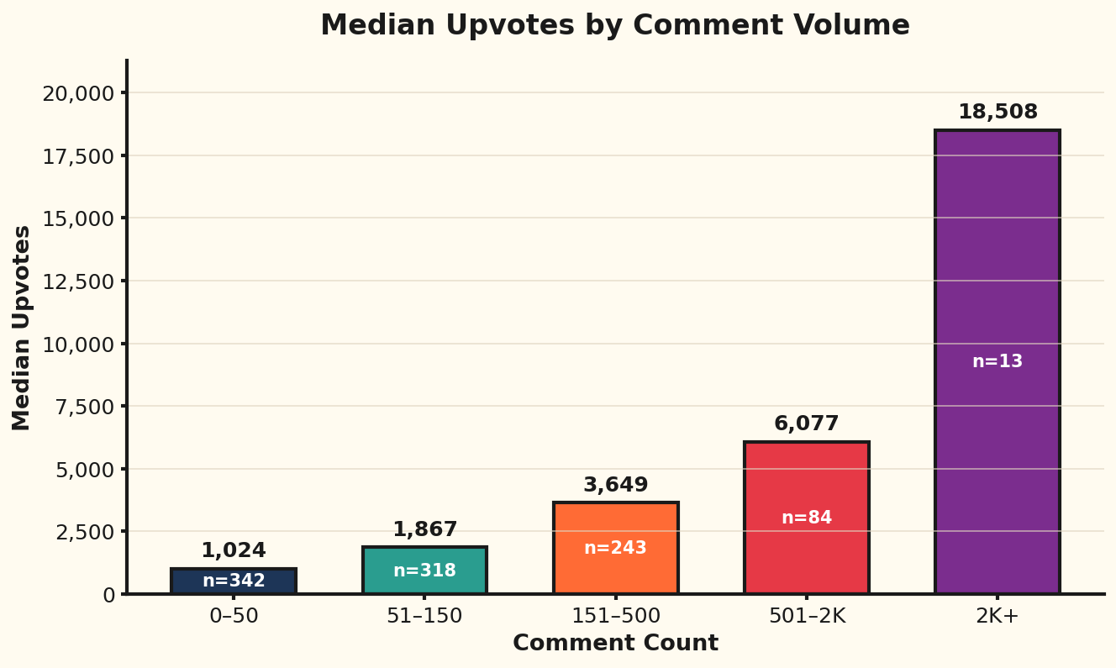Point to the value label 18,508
[998, 112]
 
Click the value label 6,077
[806, 423]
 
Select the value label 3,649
[615, 485]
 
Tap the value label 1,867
[424, 529]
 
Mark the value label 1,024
[234, 550]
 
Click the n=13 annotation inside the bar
[998, 361]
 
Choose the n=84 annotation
[806, 518]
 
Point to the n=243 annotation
[615, 548]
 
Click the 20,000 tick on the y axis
[78, 93]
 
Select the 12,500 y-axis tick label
[78, 281]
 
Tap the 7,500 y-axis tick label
[84, 407]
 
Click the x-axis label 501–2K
[806, 616]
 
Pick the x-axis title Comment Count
[615, 644]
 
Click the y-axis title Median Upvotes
[22, 328]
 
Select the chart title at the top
[615, 25]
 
